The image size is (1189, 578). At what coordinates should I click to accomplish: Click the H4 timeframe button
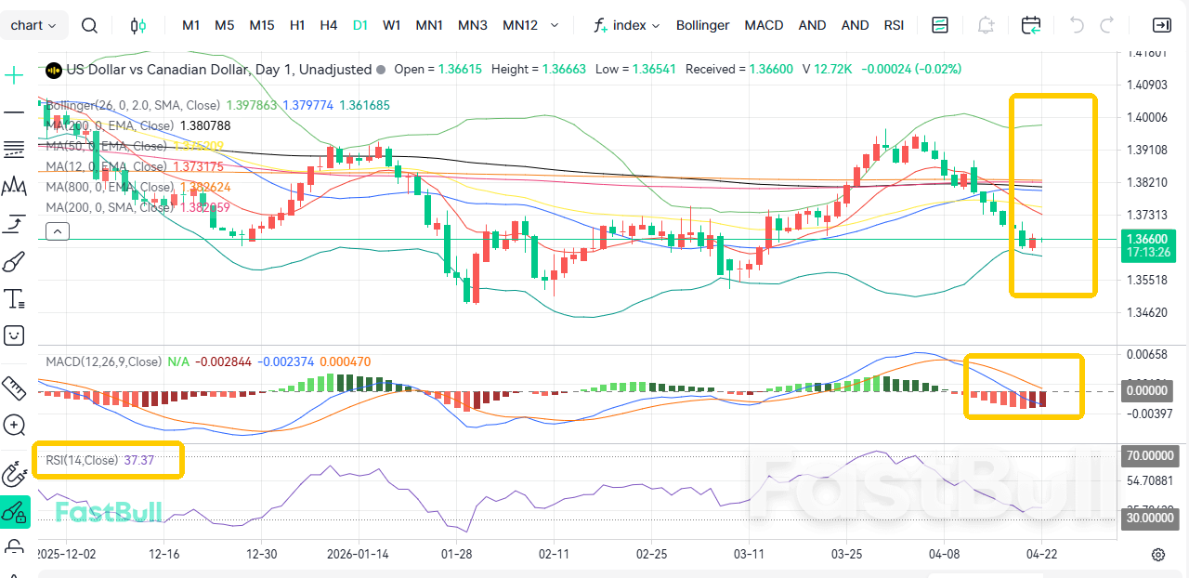point(328,25)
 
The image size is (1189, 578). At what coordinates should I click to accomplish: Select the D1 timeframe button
point(360,25)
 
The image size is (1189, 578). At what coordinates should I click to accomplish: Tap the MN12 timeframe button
point(520,25)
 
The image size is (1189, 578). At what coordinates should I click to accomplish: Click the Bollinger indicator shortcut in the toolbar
point(702,25)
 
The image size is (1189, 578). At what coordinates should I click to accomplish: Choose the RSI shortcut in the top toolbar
point(894,25)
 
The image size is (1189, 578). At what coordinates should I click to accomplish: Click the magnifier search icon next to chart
point(89,25)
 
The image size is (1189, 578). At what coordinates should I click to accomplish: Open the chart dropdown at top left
point(33,25)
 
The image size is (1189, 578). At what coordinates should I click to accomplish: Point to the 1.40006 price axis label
point(1145,117)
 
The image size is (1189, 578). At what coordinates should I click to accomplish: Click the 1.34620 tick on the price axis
point(1145,312)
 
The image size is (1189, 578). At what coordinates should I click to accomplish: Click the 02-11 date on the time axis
point(553,554)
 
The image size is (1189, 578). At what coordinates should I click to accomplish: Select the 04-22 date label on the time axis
point(1041,554)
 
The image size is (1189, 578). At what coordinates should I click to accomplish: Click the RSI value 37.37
point(139,460)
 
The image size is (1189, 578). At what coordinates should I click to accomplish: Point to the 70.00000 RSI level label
point(1150,456)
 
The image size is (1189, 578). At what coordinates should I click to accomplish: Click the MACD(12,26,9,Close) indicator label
point(103,361)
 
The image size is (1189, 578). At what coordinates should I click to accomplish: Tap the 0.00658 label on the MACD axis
point(1145,355)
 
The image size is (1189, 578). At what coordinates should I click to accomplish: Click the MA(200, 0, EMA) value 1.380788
point(205,125)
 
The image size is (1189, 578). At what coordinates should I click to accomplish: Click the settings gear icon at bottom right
point(1158,555)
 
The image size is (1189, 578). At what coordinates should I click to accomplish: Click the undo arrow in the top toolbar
point(1077,25)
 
